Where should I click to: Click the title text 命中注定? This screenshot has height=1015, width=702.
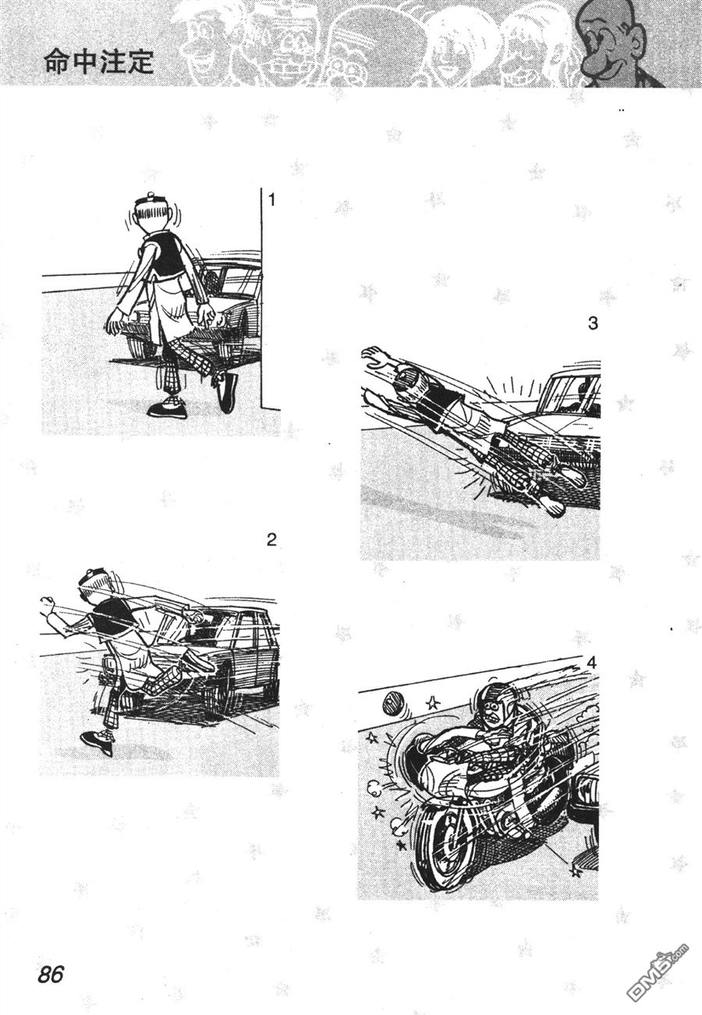tap(99, 62)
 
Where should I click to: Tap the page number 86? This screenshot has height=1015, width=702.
tap(51, 971)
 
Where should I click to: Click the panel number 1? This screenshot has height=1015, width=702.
tap(272, 200)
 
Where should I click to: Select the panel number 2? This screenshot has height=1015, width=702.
tap(271, 540)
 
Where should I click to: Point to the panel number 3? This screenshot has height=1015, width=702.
tap(593, 324)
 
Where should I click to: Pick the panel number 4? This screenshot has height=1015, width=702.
tap(591, 663)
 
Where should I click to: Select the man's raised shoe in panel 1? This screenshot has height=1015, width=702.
tap(227, 391)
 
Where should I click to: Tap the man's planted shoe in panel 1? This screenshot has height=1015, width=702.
tap(167, 409)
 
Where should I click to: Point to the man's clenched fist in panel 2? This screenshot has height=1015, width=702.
tap(47, 603)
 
